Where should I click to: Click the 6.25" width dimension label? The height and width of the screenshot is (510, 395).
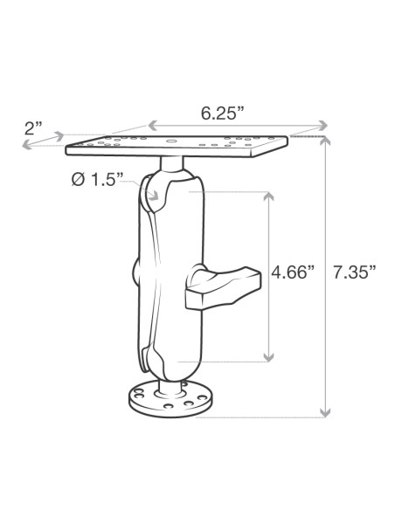(222, 114)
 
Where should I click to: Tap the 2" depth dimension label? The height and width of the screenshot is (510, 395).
(34, 127)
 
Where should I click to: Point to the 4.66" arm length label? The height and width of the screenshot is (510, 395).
(292, 272)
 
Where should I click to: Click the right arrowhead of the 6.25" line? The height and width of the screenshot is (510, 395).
(327, 124)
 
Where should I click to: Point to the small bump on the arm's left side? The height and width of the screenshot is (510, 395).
(138, 270)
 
